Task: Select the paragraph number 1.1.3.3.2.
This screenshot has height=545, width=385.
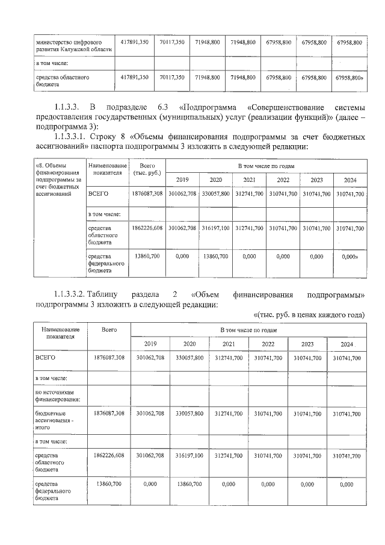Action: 69,294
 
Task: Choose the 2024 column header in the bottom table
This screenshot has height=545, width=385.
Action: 345,344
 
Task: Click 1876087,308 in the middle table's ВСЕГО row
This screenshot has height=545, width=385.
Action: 147,194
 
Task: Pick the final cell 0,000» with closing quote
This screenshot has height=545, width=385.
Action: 350,256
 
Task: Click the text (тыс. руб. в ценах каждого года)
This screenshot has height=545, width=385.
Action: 307,315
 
